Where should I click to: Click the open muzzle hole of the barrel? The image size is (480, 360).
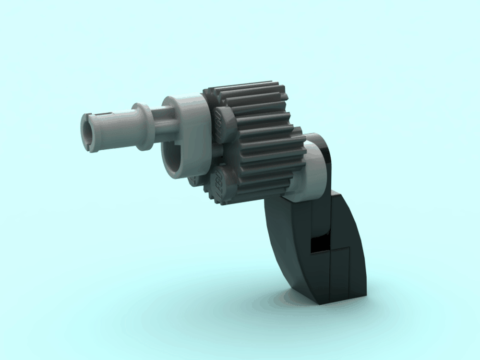point(88,131)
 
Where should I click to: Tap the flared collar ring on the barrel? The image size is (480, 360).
point(142,125)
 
